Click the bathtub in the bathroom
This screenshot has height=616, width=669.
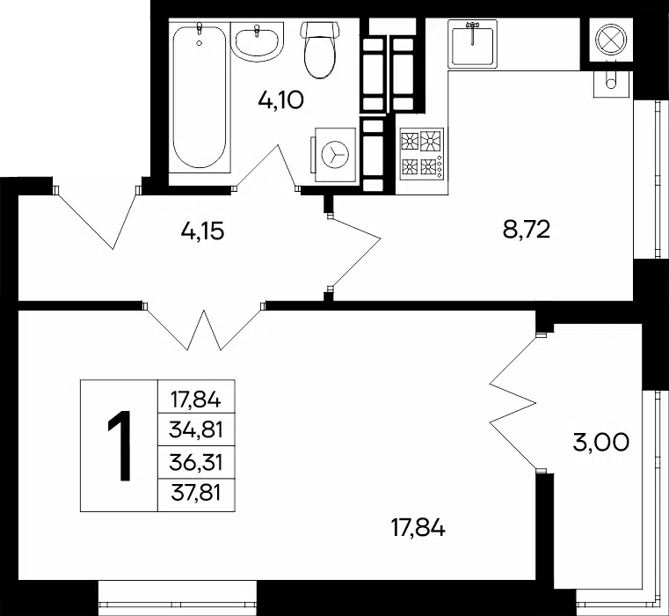pyautogui.click(x=200, y=97)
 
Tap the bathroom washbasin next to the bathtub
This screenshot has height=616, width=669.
pyautogui.click(x=258, y=41)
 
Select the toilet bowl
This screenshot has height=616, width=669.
pyautogui.click(x=320, y=50)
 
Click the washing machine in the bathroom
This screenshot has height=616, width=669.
pyautogui.click(x=335, y=154)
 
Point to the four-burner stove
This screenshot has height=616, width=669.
pyautogui.click(x=422, y=154)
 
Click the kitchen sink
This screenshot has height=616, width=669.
pyautogui.click(x=472, y=44)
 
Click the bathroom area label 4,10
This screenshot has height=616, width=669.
pyautogui.click(x=280, y=101)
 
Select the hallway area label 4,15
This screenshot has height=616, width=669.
pyautogui.click(x=202, y=232)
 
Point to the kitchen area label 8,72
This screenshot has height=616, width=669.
pyautogui.click(x=527, y=230)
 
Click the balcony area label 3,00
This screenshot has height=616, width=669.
pyautogui.click(x=600, y=443)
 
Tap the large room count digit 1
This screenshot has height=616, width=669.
pyautogui.click(x=120, y=445)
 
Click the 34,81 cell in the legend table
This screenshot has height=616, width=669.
pyautogui.click(x=196, y=429)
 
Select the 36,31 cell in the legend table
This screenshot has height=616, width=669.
pyautogui.click(x=196, y=463)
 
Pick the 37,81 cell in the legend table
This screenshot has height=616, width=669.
pyautogui.click(x=196, y=495)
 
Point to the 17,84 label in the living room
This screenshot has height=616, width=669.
pyautogui.click(x=418, y=528)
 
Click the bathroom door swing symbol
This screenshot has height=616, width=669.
pyautogui.click(x=266, y=166)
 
